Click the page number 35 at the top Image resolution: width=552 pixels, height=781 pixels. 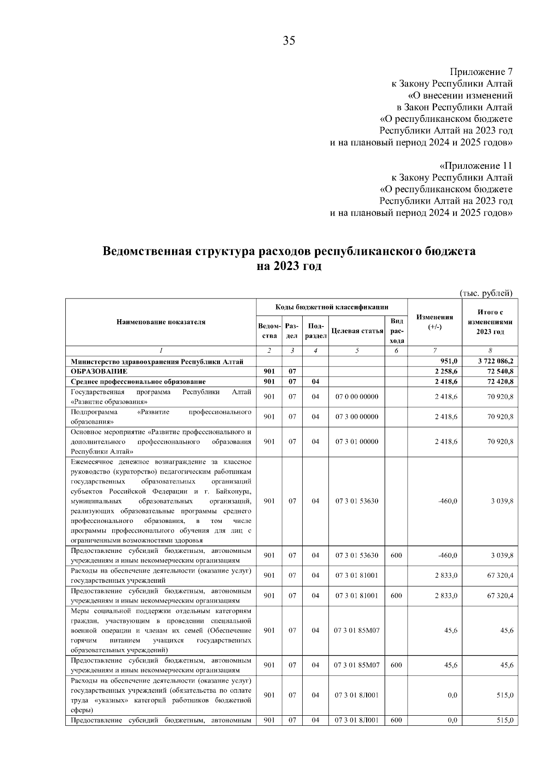(289, 41)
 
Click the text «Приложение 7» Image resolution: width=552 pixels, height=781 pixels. (481, 72)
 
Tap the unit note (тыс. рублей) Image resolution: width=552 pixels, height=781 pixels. (486, 293)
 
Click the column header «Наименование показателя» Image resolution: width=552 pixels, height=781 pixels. (161, 322)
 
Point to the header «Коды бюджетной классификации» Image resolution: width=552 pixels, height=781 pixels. (332, 307)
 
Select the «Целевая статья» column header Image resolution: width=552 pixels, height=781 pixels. (357, 331)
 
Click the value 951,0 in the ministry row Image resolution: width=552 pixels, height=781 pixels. (449, 362)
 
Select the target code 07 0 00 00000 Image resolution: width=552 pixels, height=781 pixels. (357, 396)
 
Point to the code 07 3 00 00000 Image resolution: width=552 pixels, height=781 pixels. (357, 417)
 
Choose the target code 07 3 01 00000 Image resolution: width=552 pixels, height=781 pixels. (357, 442)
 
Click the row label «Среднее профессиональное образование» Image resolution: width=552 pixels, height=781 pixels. (138, 381)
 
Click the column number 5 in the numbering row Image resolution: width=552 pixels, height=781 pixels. (357, 351)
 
